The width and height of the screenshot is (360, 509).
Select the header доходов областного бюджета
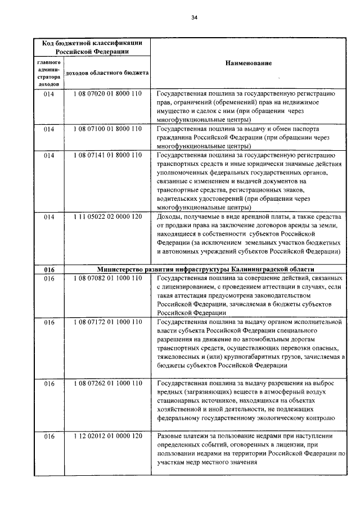tap(107, 73)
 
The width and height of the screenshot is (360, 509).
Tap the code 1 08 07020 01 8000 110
tap(107, 94)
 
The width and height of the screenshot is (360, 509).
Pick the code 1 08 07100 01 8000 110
tap(107, 129)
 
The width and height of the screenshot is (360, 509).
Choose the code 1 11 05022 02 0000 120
tap(107, 217)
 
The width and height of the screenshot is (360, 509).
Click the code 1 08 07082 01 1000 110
tap(107, 278)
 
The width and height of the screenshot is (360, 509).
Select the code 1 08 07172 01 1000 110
tap(107, 322)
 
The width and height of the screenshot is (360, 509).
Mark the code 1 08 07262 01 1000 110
tap(107, 383)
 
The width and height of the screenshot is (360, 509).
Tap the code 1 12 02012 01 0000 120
tap(107, 436)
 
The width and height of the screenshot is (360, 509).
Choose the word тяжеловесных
tap(179, 357)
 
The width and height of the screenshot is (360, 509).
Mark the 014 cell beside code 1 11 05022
tap(49, 217)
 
